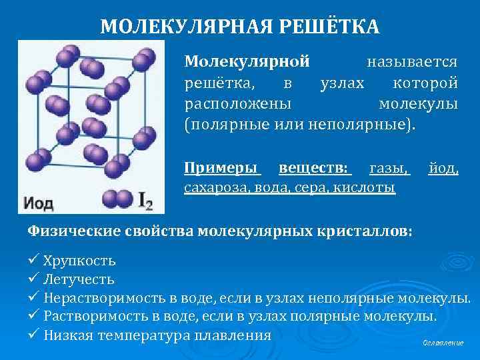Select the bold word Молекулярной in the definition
pos(247,62)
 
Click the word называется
pos(412,62)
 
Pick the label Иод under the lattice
pos(39,201)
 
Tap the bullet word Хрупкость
pos(80,260)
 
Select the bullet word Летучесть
pos(79,279)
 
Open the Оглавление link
pos(443,343)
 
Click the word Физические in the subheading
pos(73,231)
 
